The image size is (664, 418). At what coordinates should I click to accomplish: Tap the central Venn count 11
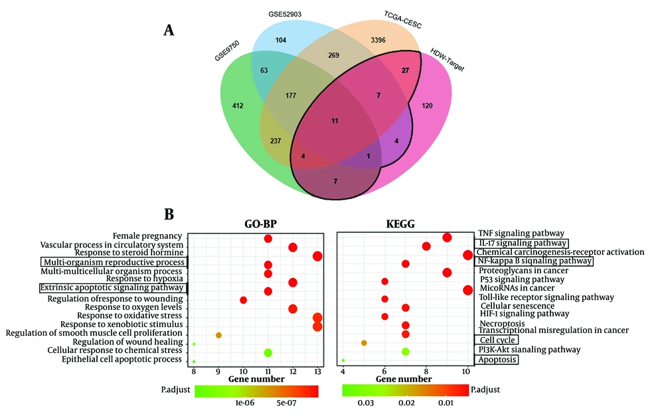pos(335,121)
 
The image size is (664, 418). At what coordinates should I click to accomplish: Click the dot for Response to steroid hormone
pos(317,256)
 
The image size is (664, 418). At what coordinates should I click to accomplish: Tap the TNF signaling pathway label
pos(521,233)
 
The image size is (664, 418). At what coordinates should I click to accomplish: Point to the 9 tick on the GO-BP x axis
pos(218,372)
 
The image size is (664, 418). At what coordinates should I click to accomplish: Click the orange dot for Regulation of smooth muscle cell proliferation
pos(218,335)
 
